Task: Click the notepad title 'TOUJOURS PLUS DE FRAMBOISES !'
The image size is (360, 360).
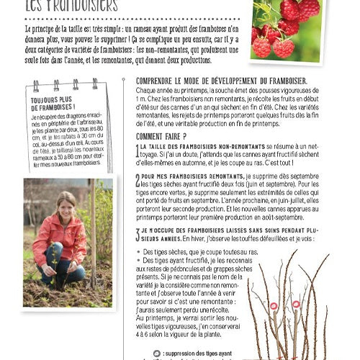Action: (55, 104)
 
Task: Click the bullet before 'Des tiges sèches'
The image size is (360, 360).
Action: (138, 252)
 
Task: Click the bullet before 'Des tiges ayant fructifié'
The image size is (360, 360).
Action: (138, 260)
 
